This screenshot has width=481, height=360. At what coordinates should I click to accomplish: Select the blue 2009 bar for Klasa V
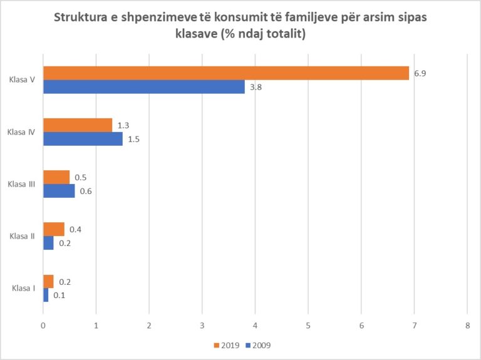144,87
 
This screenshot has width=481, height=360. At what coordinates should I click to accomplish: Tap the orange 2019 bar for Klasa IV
78,125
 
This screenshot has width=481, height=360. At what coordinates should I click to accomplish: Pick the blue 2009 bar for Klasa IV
83,139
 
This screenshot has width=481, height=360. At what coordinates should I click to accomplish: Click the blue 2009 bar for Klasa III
59,191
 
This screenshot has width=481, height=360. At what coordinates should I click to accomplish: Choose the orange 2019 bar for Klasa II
54,229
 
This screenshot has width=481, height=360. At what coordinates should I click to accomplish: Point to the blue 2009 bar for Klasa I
46,295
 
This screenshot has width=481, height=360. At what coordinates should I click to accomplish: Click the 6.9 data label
420,73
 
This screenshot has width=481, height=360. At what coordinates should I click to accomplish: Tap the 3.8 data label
256,87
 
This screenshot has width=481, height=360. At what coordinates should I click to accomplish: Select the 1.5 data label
133,139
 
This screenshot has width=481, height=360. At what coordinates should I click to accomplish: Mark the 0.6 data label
86,191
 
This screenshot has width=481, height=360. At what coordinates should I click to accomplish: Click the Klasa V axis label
22,80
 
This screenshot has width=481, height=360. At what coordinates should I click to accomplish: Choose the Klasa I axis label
23,288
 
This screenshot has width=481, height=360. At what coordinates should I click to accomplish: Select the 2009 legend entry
258,345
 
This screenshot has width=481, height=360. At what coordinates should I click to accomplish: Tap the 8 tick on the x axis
467,326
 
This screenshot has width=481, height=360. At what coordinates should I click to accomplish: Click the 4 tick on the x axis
255,326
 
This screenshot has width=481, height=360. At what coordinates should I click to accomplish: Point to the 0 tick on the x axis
43,326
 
